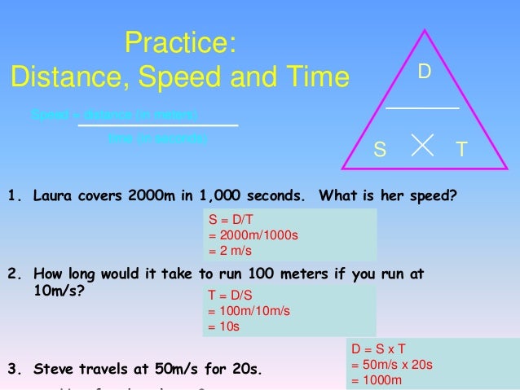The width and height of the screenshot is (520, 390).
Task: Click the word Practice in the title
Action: [180, 42]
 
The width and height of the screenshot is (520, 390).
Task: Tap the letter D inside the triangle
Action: [424, 72]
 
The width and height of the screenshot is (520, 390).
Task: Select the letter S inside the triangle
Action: [379, 150]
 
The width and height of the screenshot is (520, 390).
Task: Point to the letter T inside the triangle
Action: [461, 150]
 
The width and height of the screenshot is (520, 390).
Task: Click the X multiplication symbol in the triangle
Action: [421, 144]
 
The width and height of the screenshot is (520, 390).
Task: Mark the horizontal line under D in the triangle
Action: [421, 107]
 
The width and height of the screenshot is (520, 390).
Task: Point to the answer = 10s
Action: [224, 326]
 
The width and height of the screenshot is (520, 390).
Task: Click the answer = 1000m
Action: [377, 380]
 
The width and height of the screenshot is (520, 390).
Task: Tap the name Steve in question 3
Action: [52, 369]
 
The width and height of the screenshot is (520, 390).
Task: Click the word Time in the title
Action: [315, 77]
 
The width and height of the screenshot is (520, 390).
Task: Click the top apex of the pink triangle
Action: [425, 30]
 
